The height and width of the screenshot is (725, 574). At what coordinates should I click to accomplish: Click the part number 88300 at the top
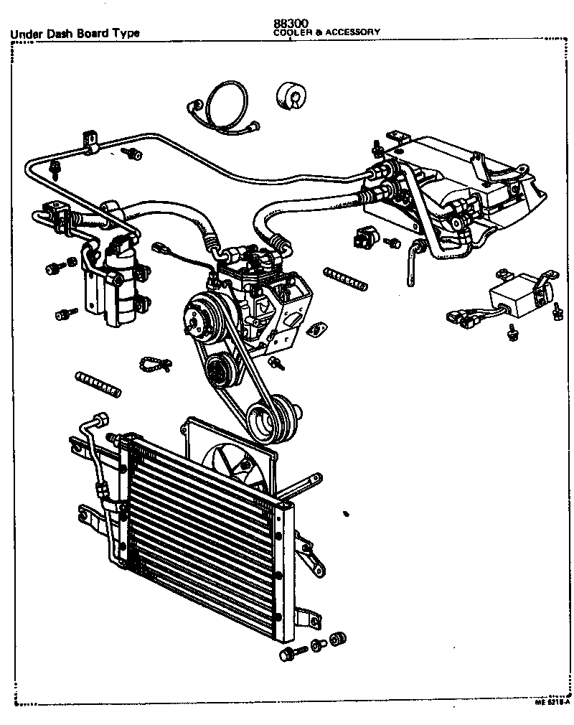pyautogui.click(x=287, y=24)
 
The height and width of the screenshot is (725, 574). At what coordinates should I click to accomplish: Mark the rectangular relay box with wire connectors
pyautogui.click(x=511, y=296)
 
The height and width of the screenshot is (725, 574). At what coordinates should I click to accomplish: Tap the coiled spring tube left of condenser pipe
pyautogui.click(x=97, y=383)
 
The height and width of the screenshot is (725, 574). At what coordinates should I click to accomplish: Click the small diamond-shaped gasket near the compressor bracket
pyautogui.click(x=314, y=330)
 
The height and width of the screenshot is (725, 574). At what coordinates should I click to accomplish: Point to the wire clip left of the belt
pyautogui.click(x=154, y=363)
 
